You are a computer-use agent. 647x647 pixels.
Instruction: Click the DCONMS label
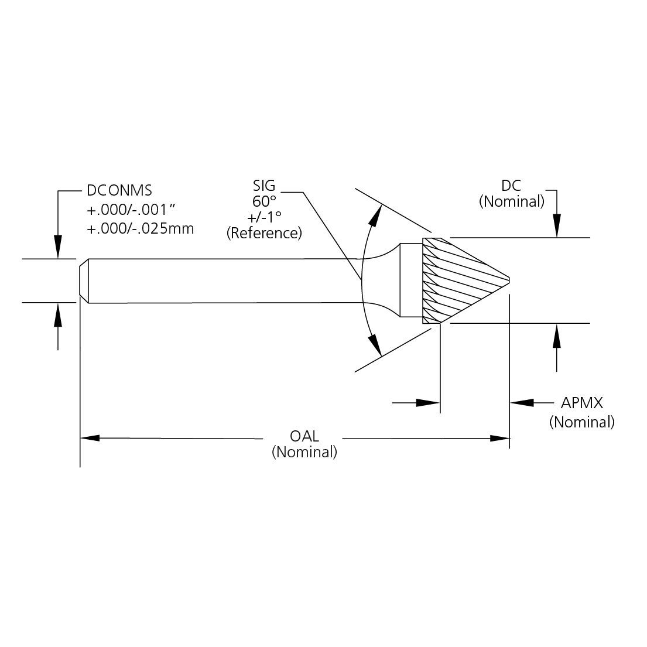119,190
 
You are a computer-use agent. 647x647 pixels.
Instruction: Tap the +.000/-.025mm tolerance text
141,228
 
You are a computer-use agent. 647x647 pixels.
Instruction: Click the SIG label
263,187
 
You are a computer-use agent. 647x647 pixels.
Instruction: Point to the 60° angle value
264,202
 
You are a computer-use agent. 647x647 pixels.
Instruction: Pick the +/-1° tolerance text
264,217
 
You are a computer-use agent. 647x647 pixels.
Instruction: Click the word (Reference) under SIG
264,233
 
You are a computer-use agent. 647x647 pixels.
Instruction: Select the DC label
511,186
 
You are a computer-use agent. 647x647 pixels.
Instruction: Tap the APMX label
582,403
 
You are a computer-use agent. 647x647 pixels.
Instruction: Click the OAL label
304,437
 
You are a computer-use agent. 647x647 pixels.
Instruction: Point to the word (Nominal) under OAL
304,452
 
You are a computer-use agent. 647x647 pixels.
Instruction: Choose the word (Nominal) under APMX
582,422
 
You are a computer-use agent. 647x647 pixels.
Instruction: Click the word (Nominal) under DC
511,201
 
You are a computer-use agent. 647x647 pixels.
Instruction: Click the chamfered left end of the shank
84,280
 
